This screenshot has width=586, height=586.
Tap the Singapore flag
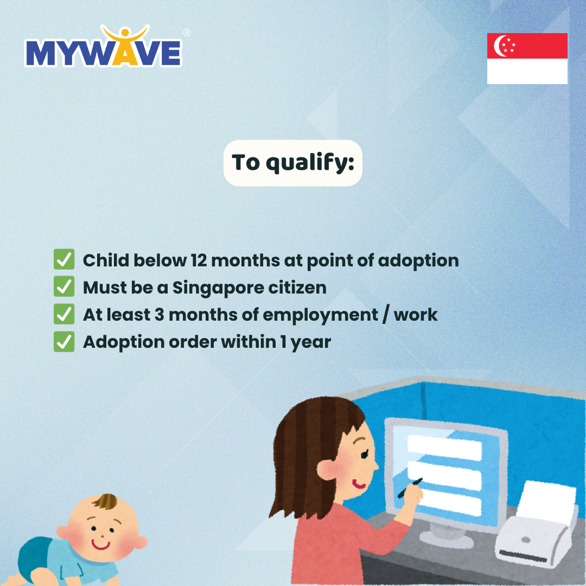click(527, 58)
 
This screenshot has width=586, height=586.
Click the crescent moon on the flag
click(499, 46)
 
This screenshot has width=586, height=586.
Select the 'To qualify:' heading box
click(292, 163)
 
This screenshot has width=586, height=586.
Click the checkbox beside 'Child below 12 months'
click(64, 259)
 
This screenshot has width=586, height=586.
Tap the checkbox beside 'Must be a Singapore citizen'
click(64, 286)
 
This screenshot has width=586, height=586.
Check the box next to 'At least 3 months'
click(64, 314)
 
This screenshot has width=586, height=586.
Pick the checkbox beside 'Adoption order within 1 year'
click(64, 342)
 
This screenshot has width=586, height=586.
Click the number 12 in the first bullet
click(199, 260)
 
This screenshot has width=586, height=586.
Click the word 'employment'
click(320, 315)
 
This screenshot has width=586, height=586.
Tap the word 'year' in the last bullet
click(311, 343)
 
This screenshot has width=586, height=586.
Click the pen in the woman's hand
click(410, 488)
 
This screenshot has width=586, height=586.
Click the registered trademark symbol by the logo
click(187, 33)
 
